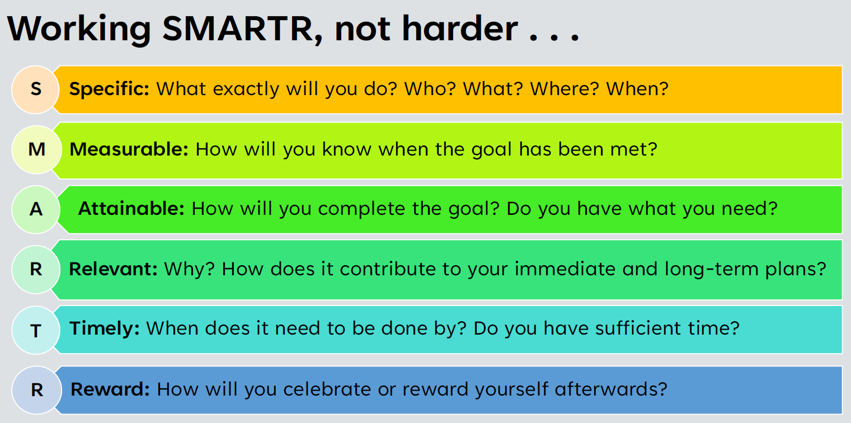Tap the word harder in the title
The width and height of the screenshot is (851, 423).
click(x=460, y=29)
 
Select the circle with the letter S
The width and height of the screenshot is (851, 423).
click(x=36, y=90)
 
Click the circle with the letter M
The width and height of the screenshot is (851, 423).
click(x=36, y=149)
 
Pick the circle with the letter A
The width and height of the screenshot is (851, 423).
click(x=36, y=209)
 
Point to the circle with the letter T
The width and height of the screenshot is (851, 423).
click(x=36, y=330)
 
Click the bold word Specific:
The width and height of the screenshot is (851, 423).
click(x=110, y=90)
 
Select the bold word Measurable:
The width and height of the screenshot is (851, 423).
click(x=129, y=149)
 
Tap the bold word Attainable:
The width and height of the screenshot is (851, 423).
click(x=131, y=209)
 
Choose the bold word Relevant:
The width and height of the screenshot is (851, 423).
click(x=113, y=269)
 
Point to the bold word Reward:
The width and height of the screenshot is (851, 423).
click(x=110, y=389)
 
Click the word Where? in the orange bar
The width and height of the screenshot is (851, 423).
click(x=565, y=89)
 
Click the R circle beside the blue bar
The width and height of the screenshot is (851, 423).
click(x=37, y=390)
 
